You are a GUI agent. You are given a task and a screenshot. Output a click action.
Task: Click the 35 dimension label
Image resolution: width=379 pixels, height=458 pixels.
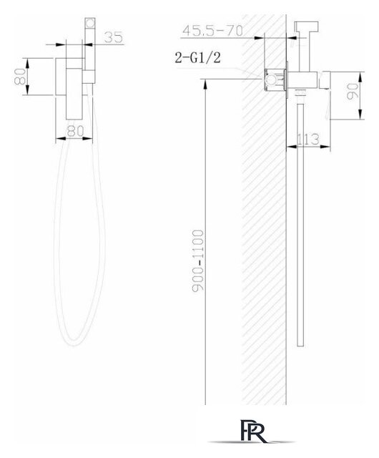click(114, 37)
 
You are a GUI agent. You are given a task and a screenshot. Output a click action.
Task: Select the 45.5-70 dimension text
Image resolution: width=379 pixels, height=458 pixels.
click(213, 31)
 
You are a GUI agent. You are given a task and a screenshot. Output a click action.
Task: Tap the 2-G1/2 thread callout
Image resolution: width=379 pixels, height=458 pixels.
click(197, 57)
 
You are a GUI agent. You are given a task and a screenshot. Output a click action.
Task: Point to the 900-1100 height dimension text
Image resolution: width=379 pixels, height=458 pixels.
click(198, 260)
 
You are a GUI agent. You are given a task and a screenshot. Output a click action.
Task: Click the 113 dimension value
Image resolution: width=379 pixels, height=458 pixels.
click(307, 140)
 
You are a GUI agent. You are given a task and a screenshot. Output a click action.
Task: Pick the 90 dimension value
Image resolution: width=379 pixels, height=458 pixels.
click(353, 92)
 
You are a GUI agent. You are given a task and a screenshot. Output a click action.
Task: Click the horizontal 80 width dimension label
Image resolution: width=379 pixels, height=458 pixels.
click(75, 131)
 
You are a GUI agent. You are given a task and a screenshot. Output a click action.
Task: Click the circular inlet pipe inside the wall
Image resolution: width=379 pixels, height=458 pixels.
click(271, 79)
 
